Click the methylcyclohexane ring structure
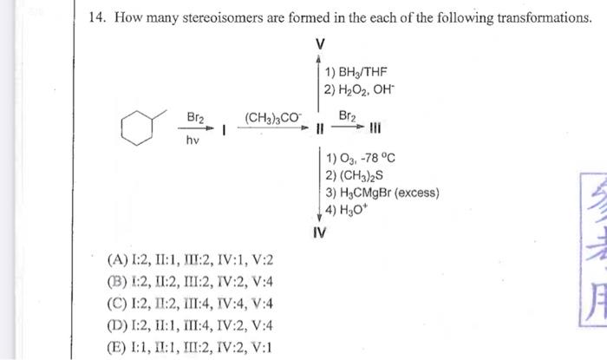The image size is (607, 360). tap(139, 130)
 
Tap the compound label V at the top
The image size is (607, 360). tap(321, 43)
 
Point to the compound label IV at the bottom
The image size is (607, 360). tap(320, 232)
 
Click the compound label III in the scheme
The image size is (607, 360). tap(374, 131)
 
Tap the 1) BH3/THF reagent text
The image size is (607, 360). tap(356, 73)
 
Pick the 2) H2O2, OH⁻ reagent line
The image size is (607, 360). tap(363, 88)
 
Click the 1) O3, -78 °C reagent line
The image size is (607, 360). tap(362, 158)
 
